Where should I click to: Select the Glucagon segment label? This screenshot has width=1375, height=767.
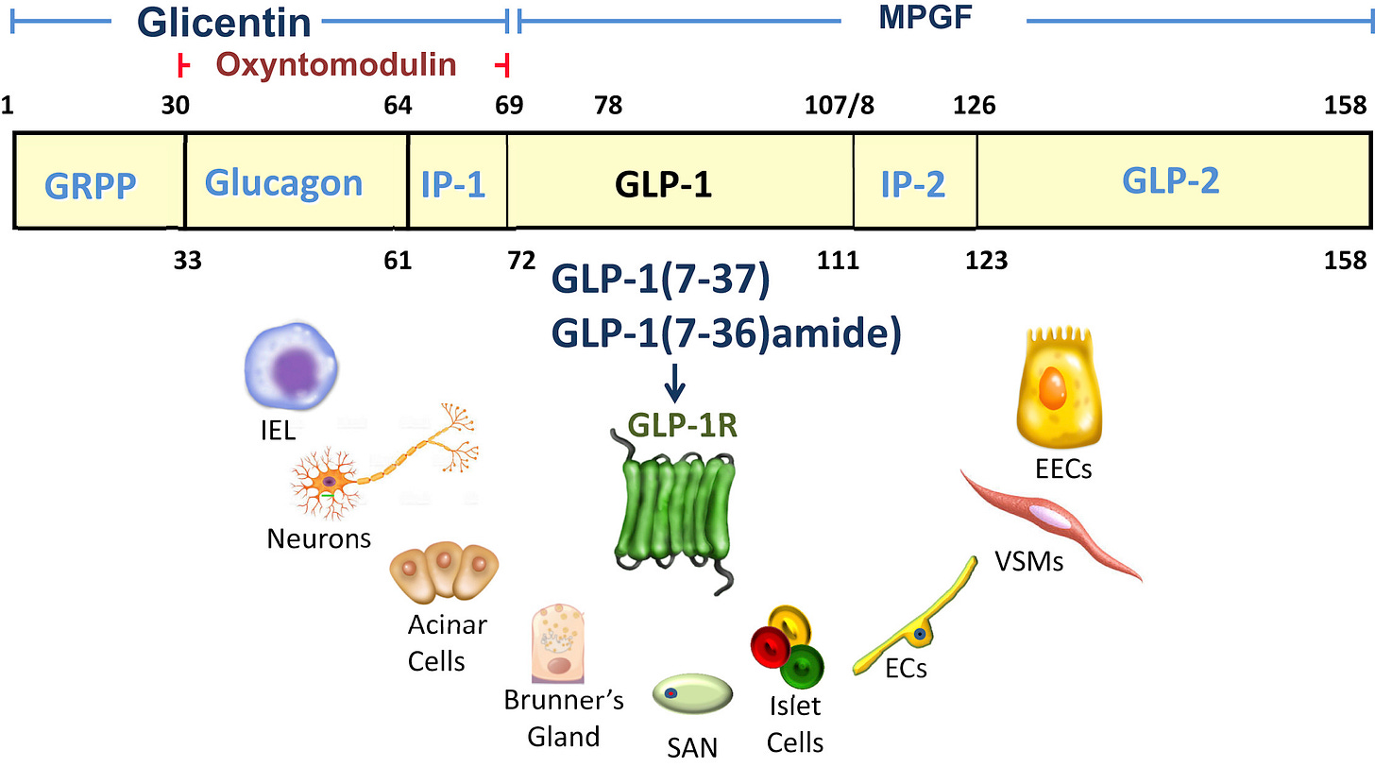click(x=284, y=182)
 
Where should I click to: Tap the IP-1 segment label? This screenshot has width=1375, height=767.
click(x=453, y=182)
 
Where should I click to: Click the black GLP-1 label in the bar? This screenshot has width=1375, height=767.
click(x=663, y=183)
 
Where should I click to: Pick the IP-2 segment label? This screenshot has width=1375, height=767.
click(x=912, y=182)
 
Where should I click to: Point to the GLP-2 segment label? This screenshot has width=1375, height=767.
click(x=1171, y=180)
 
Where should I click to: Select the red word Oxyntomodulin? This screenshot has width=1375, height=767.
click(x=336, y=65)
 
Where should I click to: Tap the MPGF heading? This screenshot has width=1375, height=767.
click(x=925, y=18)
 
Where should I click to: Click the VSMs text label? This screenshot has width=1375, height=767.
click(x=1028, y=562)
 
